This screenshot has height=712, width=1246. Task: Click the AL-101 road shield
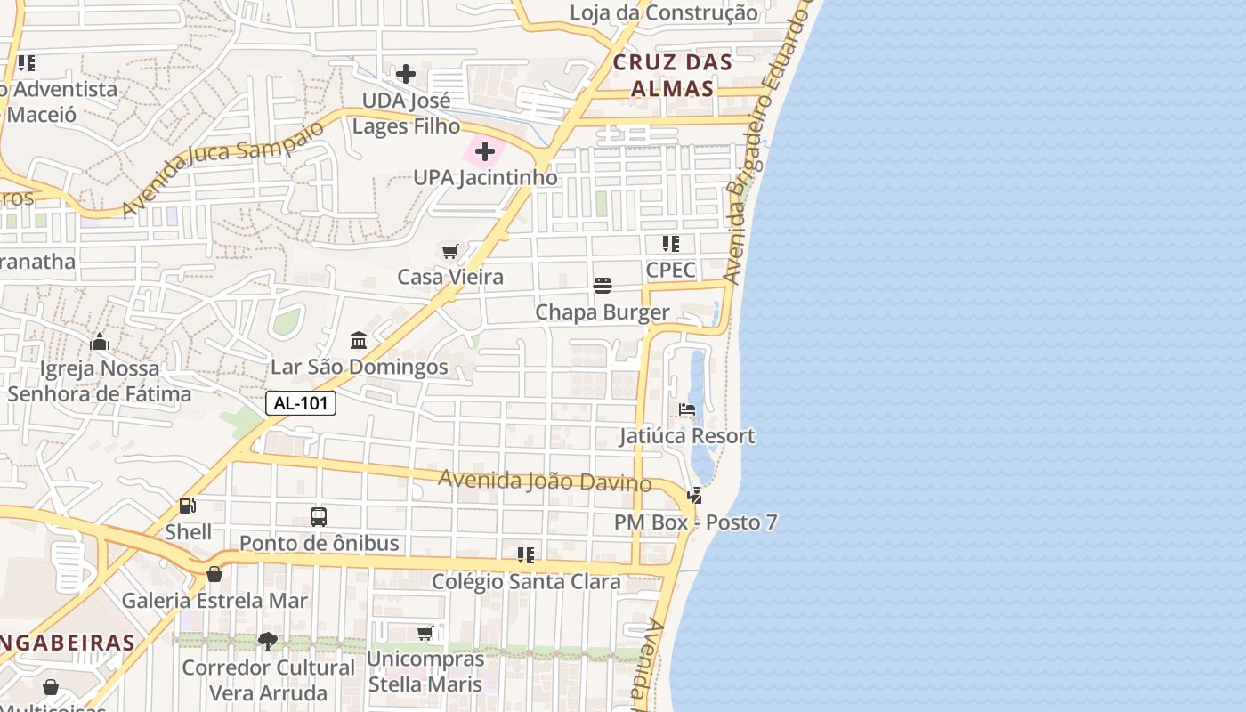pyautogui.click(x=301, y=403)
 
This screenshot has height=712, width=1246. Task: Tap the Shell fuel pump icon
pyautogui.click(x=188, y=506)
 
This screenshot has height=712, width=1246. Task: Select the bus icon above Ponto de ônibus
pyautogui.click(x=319, y=516)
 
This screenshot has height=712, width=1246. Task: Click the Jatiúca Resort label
pyautogui.click(x=688, y=436)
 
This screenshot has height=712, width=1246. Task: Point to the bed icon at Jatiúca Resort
pyautogui.click(x=687, y=409)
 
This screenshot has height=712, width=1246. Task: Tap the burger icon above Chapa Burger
pyautogui.click(x=603, y=286)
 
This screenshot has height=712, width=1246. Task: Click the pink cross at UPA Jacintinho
pyautogui.click(x=485, y=151)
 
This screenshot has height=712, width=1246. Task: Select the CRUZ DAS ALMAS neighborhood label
pyautogui.click(x=673, y=75)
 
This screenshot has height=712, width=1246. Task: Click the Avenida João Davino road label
pyautogui.click(x=545, y=481)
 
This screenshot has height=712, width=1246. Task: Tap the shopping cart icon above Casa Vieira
pyautogui.click(x=450, y=252)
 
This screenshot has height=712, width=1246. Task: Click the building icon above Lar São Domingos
pyautogui.click(x=359, y=340)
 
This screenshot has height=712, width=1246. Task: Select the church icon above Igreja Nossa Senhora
pyautogui.click(x=100, y=342)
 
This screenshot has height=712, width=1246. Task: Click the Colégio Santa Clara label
pyautogui.click(x=526, y=582)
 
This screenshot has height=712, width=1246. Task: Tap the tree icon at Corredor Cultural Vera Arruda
pyautogui.click(x=267, y=641)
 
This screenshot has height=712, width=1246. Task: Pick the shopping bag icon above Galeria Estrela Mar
pyautogui.click(x=214, y=574)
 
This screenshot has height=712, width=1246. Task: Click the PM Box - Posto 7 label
pyautogui.click(x=695, y=522)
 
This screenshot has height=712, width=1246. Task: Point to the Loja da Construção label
pyautogui.click(x=664, y=12)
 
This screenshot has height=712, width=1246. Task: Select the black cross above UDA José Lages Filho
pyautogui.click(x=406, y=73)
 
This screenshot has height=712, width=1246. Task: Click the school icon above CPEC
pyautogui.click(x=671, y=244)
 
